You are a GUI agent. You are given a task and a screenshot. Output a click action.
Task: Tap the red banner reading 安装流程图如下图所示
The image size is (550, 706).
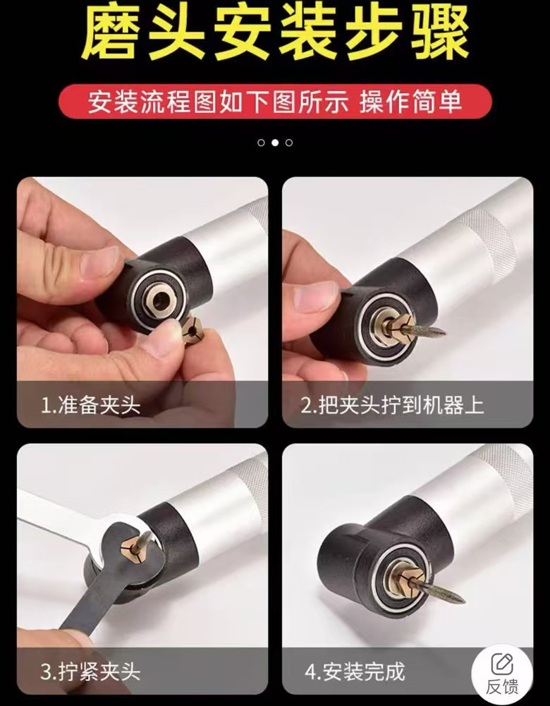[274, 102]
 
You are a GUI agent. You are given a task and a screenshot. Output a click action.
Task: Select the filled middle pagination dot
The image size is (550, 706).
[275, 142]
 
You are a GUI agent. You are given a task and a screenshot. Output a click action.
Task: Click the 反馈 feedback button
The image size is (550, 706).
[502, 673]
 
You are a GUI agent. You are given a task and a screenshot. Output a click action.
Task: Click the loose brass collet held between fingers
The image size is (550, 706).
[191, 329]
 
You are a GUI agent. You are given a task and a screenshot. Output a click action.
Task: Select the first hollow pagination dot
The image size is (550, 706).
[261, 142]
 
